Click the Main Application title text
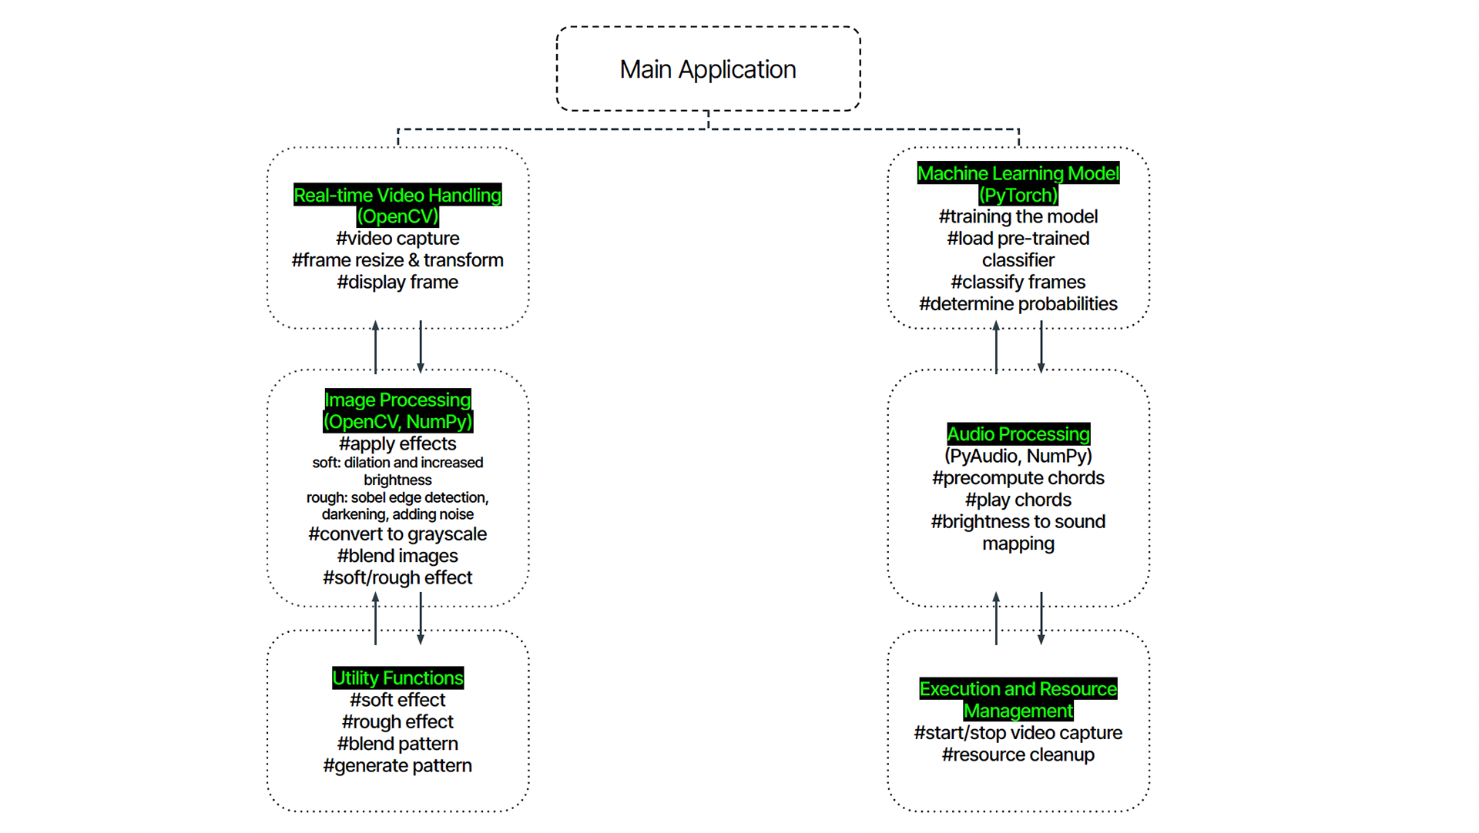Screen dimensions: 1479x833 click(x=708, y=69)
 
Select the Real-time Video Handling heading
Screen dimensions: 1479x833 click(x=397, y=195)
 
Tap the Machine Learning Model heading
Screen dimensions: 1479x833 click(x=1018, y=173)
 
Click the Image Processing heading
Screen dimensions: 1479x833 click(x=397, y=400)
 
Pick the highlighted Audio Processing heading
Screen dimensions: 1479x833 click(x=1018, y=433)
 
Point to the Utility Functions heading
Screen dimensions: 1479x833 click(x=397, y=677)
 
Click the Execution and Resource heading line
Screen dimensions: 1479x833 click(x=1018, y=688)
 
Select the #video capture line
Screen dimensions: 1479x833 click(x=397, y=239)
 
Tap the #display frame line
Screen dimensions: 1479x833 click(x=397, y=282)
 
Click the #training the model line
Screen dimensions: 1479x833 click(x=1018, y=217)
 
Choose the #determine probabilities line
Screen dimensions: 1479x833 click(x=1018, y=303)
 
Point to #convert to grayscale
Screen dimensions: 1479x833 click(x=397, y=534)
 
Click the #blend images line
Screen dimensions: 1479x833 click(x=397, y=556)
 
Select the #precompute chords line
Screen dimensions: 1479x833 click(x=1018, y=478)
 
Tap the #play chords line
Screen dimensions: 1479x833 click(x=1018, y=500)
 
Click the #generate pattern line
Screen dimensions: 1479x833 click(x=397, y=765)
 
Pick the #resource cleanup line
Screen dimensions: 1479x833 click(x=1018, y=754)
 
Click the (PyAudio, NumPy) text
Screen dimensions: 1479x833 click(x=1018, y=456)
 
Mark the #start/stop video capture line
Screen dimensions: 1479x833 click(x=1018, y=732)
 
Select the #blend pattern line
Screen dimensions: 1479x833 click(x=397, y=744)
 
